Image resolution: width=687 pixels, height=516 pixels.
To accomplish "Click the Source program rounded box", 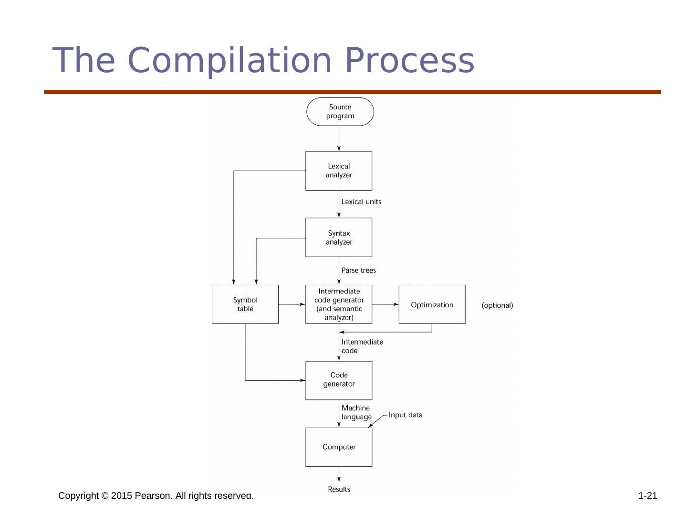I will coord(340,112).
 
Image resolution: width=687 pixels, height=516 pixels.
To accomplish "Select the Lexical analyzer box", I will coord(339,171).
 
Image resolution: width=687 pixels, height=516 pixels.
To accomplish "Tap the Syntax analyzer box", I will coord(339,237).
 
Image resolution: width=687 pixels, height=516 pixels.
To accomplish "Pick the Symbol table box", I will coord(245,304).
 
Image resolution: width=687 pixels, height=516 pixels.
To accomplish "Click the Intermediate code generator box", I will coord(339,304).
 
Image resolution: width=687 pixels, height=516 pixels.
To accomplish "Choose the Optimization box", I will coord(432,304).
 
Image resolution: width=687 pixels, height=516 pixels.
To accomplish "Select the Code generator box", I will coord(339,380).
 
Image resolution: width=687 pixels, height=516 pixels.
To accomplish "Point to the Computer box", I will coord(339,447).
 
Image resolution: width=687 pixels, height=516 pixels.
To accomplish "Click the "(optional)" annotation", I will coord(497,305).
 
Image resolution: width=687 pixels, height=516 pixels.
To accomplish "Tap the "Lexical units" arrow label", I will coord(361,202).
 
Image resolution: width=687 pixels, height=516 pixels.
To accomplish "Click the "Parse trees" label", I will coord(358,270).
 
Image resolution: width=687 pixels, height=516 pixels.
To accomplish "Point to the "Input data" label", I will coord(405,415).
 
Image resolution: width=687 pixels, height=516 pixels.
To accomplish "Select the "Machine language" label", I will coord(356,412).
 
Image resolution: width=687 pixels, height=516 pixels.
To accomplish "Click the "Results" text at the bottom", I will coord(339,489).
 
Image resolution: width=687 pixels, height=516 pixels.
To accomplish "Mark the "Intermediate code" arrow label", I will coord(362,346).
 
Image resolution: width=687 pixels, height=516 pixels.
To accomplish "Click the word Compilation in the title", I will coord(229,61).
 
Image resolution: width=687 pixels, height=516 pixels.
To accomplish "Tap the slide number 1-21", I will coord(647,496).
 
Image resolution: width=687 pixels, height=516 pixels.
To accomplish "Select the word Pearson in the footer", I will coord(153,496).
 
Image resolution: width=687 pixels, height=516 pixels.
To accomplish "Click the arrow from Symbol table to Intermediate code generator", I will coord(291,304).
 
